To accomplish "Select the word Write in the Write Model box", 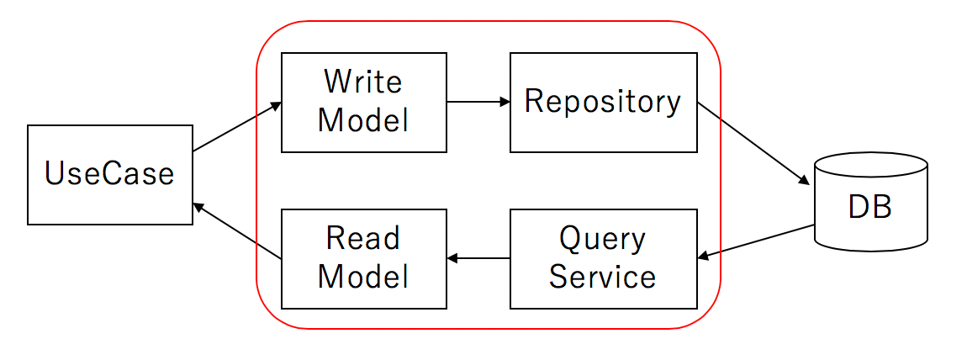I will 363,82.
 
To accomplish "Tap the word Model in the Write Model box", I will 363,120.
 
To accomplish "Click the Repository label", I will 603,102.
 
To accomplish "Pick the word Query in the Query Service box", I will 603,239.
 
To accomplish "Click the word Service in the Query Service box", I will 603,277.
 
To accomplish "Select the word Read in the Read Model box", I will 363,239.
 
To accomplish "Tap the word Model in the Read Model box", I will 363,277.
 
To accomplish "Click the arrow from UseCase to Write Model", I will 237,128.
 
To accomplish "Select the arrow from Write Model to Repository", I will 478,102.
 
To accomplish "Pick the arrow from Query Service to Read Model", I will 478,258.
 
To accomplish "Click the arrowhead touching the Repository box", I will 505,102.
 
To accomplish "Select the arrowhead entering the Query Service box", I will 703,257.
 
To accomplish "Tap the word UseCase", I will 110,174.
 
